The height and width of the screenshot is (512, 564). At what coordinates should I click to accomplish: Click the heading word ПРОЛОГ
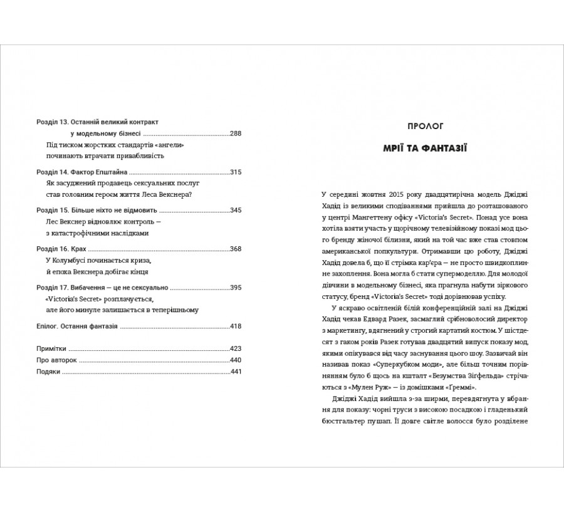pos(424,126)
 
